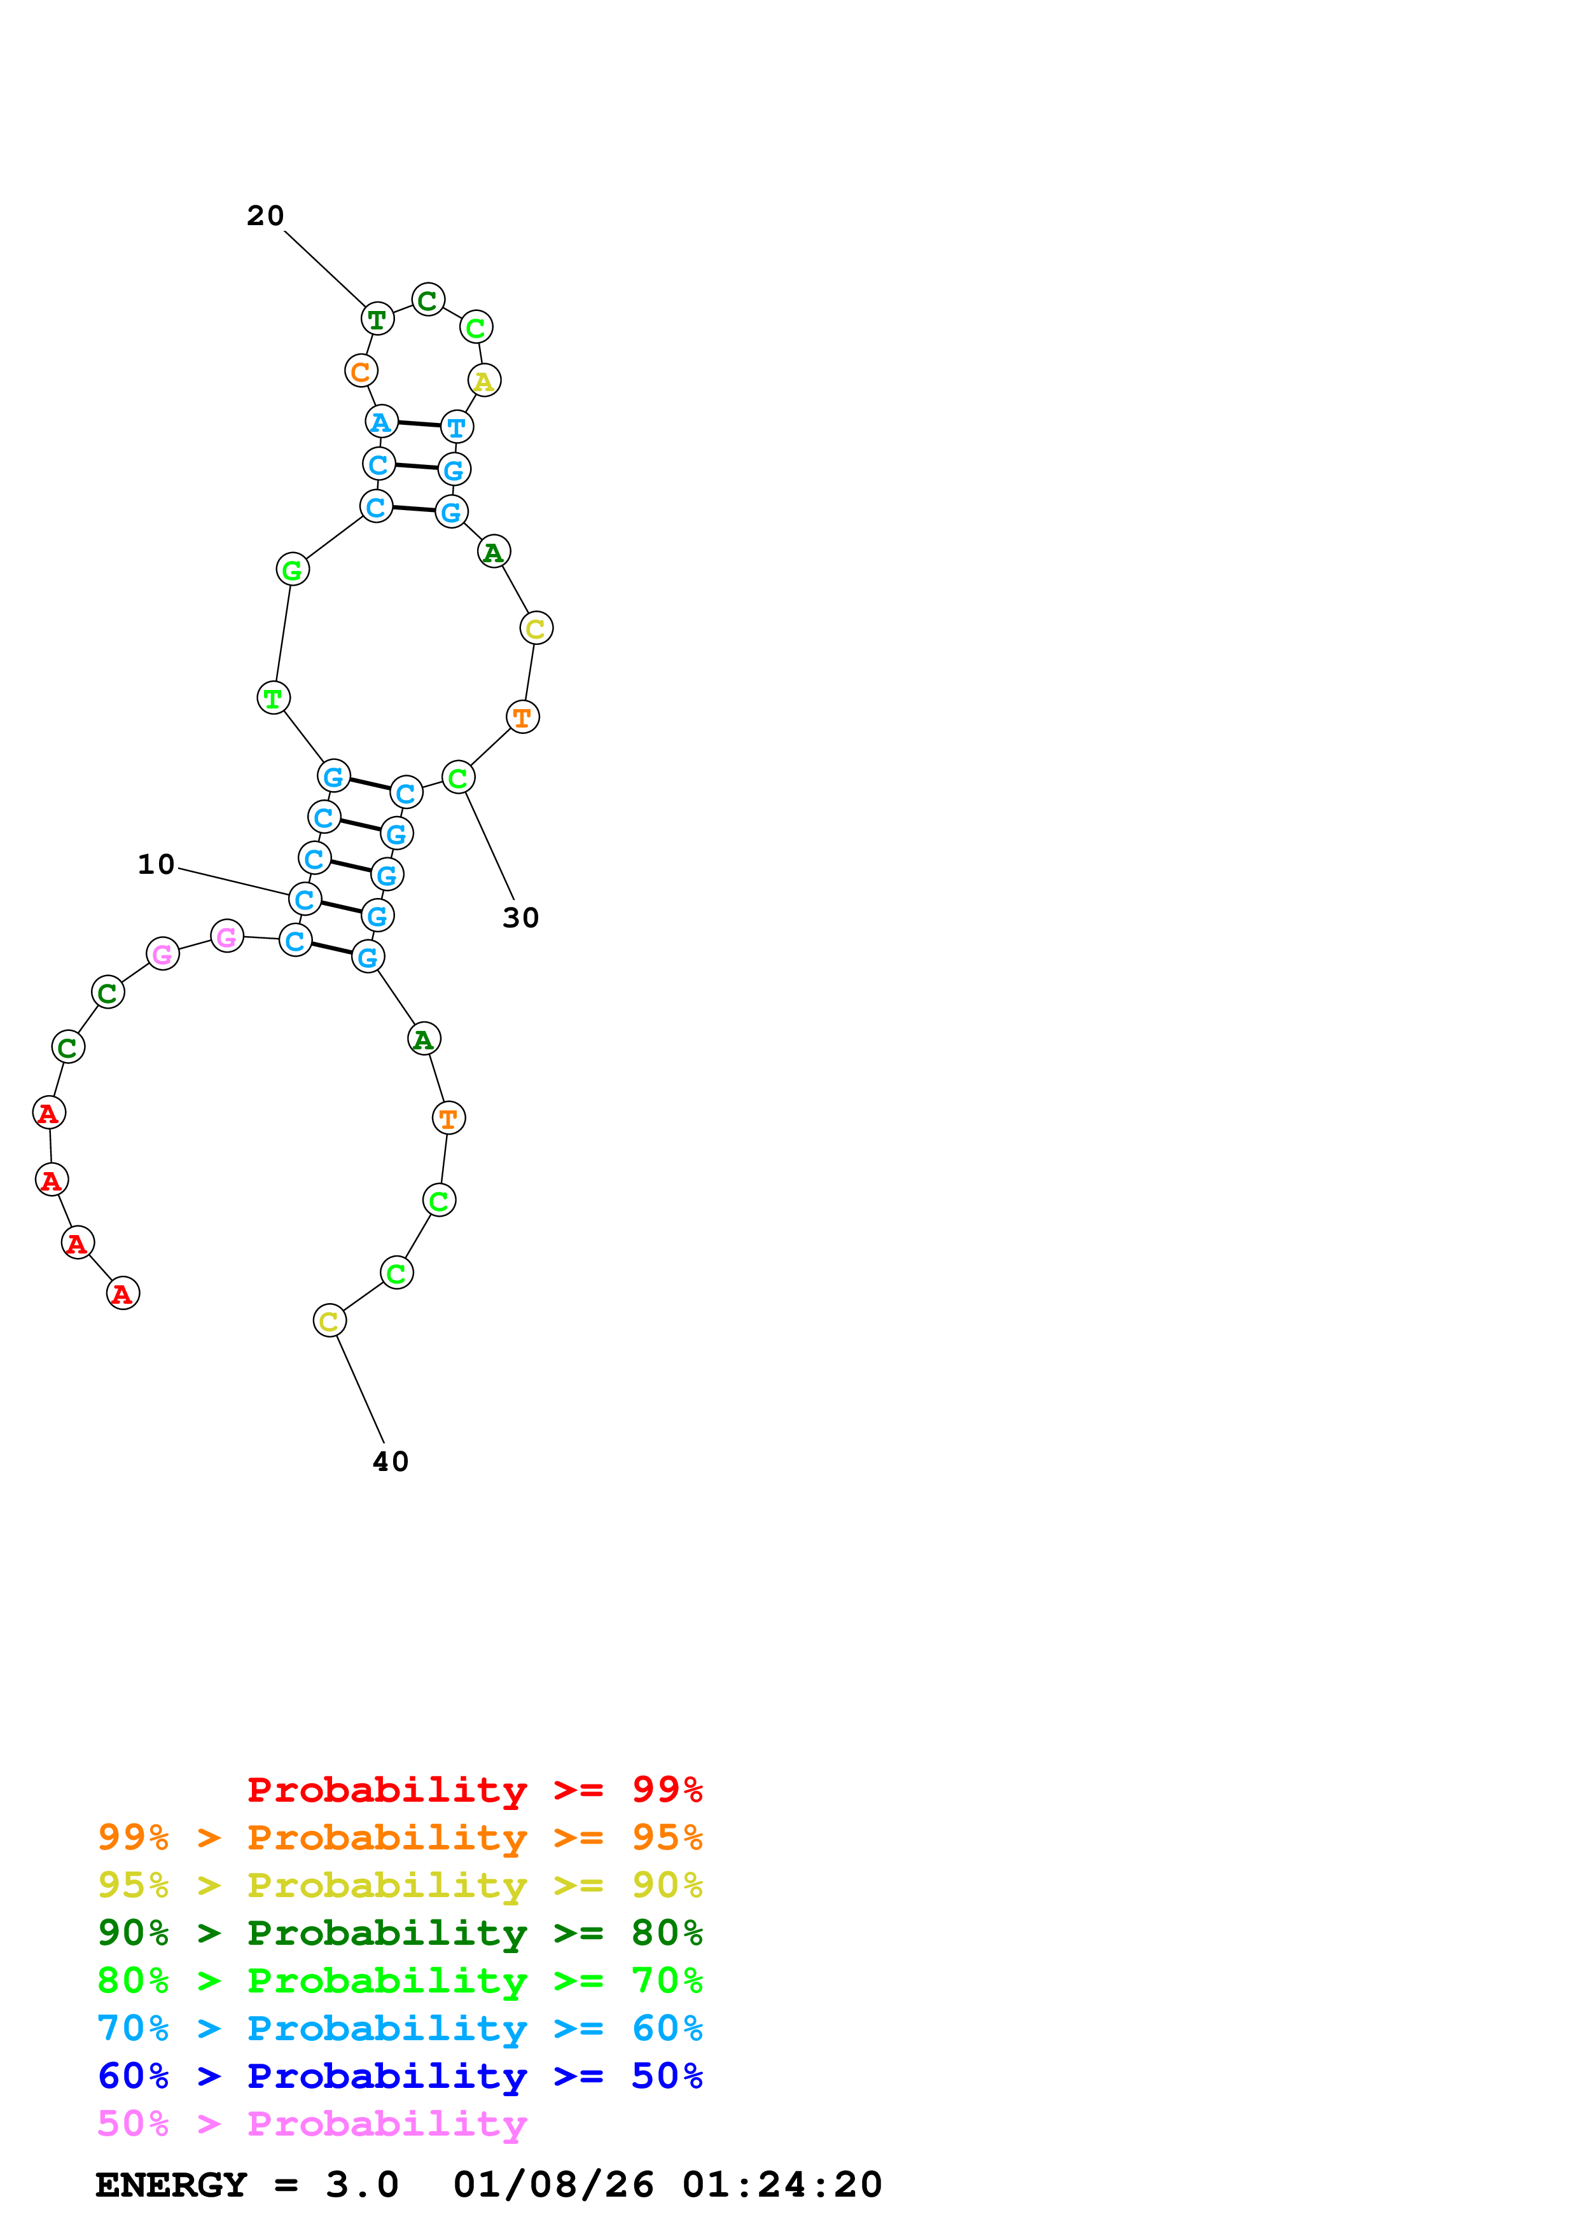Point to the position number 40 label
point(391,1461)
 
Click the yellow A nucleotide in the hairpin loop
point(484,381)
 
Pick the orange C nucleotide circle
point(361,371)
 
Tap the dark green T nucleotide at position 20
point(377,319)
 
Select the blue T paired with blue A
point(457,427)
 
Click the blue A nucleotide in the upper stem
point(381,422)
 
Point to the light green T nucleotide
point(273,698)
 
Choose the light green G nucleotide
point(293,569)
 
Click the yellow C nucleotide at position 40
point(330,1320)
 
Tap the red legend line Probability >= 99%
point(474,1790)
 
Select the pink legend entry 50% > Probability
point(312,2124)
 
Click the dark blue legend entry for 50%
point(399,2076)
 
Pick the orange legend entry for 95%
point(399,1837)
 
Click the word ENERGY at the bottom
point(171,2185)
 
